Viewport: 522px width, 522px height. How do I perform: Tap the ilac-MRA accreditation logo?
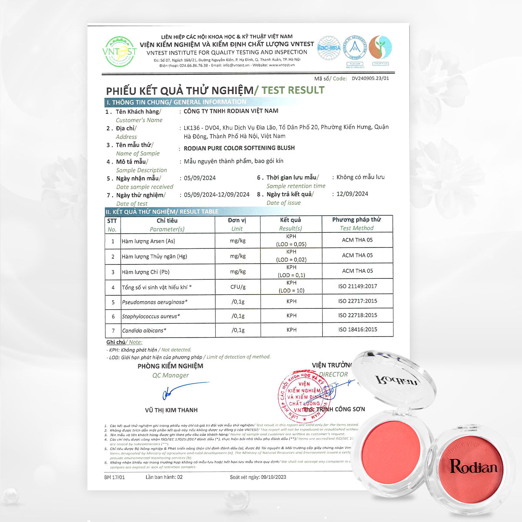click(x=329, y=47)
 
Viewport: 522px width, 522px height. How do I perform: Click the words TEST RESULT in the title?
click(x=293, y=90)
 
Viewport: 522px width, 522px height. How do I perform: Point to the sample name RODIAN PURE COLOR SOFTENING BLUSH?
click(x=239, y=148)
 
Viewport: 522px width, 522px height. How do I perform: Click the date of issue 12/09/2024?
click(x=352, y=194)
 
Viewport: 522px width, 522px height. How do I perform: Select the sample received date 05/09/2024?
click(x=200, y=178)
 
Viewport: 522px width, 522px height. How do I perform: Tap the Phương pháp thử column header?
click(x=357, y=220)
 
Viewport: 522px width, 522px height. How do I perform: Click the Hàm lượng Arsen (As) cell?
click(x=149, y=241)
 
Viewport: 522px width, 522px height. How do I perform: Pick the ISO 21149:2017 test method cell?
click(x=358, y=286)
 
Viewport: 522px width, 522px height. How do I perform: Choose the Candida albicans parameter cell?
click(x=144, y=331)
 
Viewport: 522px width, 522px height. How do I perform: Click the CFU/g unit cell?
click(x=238, y=287)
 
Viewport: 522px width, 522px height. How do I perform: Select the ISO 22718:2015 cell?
click(x=358, y=315)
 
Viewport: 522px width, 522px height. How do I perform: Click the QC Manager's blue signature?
click(x=183, y=390)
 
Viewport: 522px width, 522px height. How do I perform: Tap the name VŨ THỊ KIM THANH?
click(x=171, y=410)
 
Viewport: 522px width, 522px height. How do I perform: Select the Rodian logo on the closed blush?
click(x=473, y=466)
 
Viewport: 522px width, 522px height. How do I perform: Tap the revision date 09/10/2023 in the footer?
click(x=273, y=477)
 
